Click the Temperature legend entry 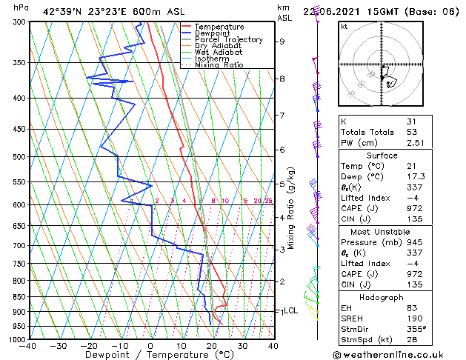click(x=220, y=27)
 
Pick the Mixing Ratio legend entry click(x=219, y=65)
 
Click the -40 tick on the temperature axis click(x=27, y=345)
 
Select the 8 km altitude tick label click(x=282, y=79)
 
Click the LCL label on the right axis click(x=290, y=311)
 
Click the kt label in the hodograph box click(x=344, y=27)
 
